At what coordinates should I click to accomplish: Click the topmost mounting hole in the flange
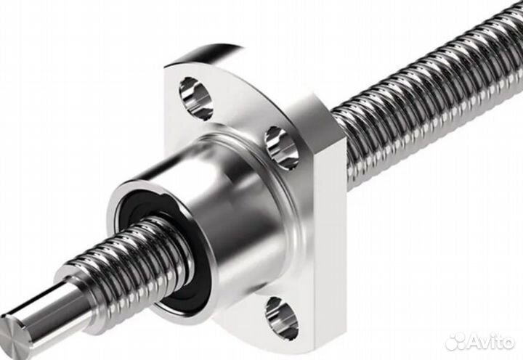[x=196, y=99]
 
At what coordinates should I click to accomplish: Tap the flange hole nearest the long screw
[x=282, y=148]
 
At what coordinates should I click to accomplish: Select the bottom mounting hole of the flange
[x=282, y=319]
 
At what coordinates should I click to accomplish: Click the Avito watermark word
[x=490, y=341]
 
